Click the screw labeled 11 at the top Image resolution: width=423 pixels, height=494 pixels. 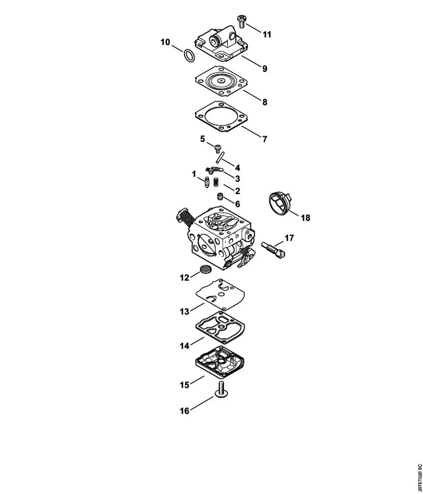pos(242,21)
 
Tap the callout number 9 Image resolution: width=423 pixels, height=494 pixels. pos(264,69)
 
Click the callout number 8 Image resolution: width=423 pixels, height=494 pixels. pos(264,102)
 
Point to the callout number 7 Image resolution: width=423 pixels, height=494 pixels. pos(264,139)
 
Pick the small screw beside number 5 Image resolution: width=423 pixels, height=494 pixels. pos(217,148)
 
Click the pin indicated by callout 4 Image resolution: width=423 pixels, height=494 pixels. pos(220,157)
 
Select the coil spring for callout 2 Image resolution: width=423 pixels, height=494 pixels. pos(216,182)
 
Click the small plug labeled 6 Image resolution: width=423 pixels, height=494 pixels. pos(220,196)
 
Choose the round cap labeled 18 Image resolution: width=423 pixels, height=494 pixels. pos(280,204)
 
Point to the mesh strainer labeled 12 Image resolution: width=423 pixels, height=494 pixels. pos(205,270)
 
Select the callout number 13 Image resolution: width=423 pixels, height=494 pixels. pos(185,311)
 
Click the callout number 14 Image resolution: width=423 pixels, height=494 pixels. pos(185,346)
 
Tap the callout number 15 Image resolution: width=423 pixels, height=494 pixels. pos(185,385)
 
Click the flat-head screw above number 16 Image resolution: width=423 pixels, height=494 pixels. pos(222,389)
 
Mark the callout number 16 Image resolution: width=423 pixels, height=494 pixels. pos(185,411)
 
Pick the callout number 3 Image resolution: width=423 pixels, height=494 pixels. pos(237,178)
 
